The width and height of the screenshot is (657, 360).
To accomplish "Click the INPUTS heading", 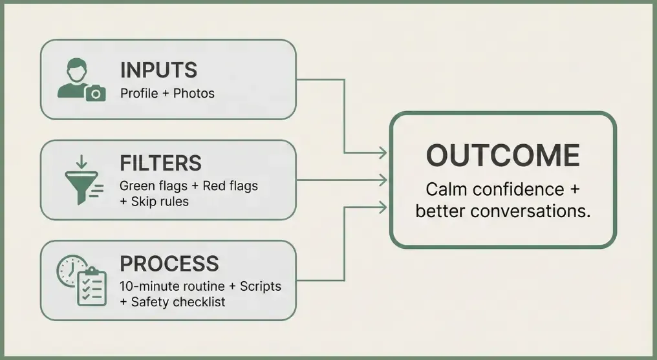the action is pyautogui.click(x=158, y=70).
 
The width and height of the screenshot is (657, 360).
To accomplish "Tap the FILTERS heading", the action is pyautogui.click(x=160, y=163).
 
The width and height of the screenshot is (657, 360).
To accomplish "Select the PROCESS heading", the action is pyautogui.click(x=169, y=264).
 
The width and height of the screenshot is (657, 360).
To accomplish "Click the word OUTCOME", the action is pyautogui.click(x=503, y=155).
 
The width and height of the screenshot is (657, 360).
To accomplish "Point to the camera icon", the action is pyautogui.click(x=96, y=93).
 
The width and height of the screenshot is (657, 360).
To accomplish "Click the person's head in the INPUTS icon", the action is pyautogui.click(x=77, y=70).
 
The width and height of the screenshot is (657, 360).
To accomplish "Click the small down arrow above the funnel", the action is pyautogui.click(x=81, y=162).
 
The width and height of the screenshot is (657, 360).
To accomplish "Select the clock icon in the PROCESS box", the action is pyautogui.click(x=69, y=270).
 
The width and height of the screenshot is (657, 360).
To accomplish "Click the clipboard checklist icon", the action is pyautogui.click(x=92, y=287).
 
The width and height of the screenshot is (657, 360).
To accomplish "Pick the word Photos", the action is pyautogui.click(x=194, y=93).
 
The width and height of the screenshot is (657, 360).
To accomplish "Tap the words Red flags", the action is pyautogui.click(x=230, y=186).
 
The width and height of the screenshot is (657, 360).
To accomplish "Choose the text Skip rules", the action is pyautogui.click(x=160, y=202).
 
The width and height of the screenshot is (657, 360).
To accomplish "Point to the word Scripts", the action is pyautogui.click(x=260, y=286).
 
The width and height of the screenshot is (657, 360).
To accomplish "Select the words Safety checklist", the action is pyautogui.click(x=178, y=302).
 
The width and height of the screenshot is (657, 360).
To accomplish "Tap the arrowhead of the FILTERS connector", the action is pyautogui.click(x=382, y=180).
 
